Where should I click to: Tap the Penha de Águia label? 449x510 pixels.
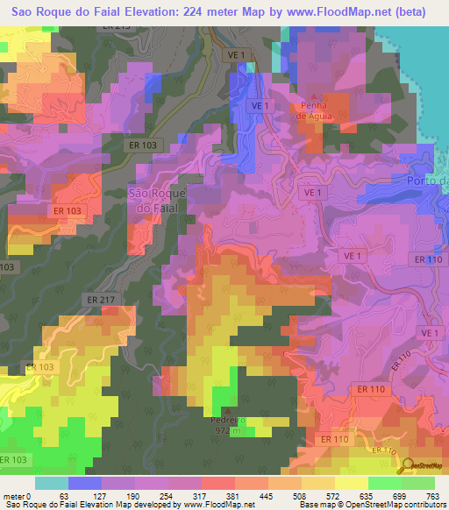pyautogui.click(x=313, y=109)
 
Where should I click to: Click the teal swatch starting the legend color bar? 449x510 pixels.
pyautogui.click(x=52, y=483)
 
